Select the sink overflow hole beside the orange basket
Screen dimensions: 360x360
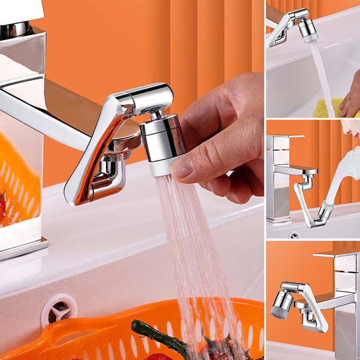click(59, 310)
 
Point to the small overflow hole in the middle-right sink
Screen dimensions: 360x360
click(294, 234)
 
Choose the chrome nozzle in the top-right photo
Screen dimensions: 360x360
click(307, 29)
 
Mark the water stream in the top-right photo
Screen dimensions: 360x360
click(322, 76)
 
